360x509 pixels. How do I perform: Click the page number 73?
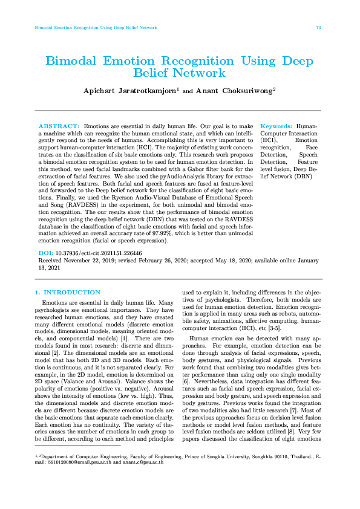coord(318,28)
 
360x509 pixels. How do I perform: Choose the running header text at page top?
coord(96,28)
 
